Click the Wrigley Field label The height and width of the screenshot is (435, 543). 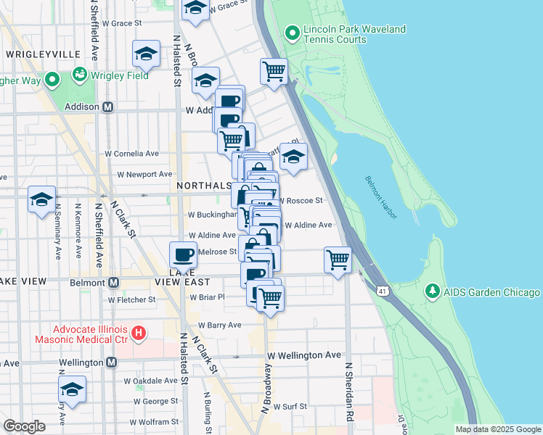tap(120, 75)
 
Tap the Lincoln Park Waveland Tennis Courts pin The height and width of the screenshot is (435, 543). tap(293, 33)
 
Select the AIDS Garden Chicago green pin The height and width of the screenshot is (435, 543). tap(433, 291)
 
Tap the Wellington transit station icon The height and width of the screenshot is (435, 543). tap(112, 362)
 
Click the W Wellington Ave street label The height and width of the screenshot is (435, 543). tap(303, 355)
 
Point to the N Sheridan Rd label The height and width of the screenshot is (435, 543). tap(349, 392)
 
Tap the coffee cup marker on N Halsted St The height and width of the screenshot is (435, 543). tap(183, 255)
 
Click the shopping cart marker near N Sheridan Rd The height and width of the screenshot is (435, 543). tap(338, 260)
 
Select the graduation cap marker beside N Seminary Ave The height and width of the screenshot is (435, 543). tap(42, 199)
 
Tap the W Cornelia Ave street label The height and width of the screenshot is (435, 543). tap(132, 154)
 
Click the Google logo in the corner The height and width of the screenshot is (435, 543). tap(24, 426)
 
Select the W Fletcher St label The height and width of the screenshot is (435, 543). tap(132, 299)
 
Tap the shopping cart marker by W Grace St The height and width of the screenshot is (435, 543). tap(274, 72)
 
